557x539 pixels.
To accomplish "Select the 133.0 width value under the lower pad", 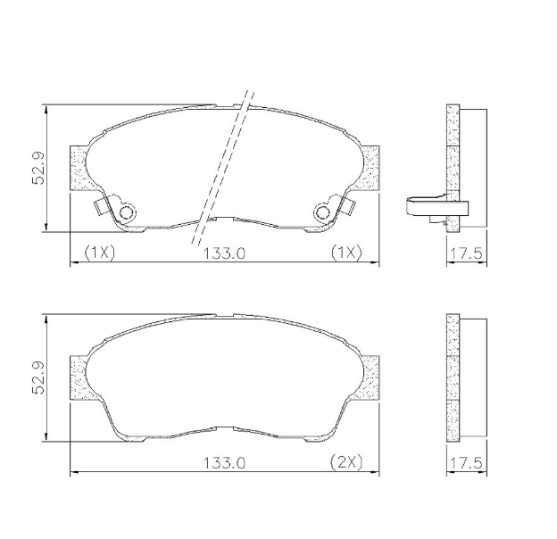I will (223, 463).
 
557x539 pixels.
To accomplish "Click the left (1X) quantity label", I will (100, 253).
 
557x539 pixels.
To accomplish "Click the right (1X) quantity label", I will (345, 253).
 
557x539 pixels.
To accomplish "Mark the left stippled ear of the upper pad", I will (79, 168).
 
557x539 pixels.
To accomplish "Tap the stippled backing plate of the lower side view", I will (453, 379).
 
